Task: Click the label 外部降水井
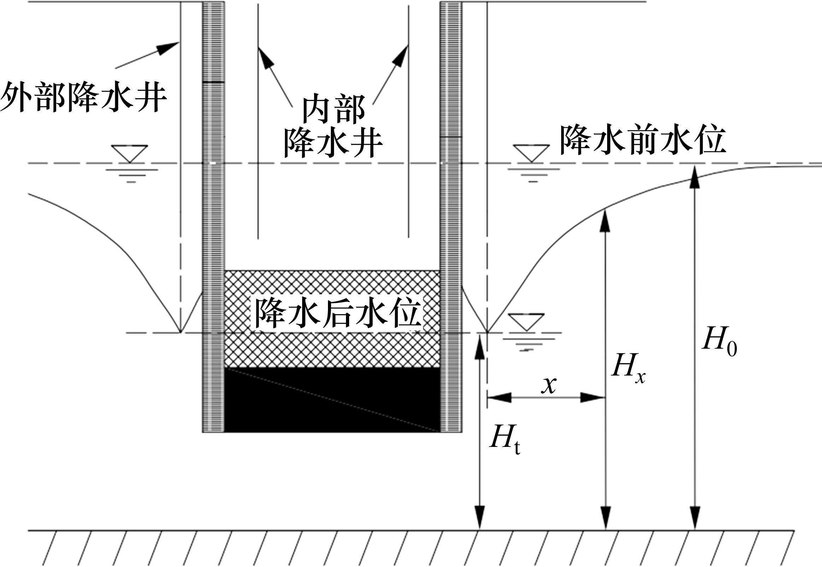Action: click(x=84, y=97)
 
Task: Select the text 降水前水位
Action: click(x=642, y=140)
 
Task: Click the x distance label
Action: click(x=549, y=384)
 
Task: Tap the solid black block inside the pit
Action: click(x=332, y=400)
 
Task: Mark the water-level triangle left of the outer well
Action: click(x=129, y=153)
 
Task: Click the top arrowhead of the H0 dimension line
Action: click(x=695, y=176)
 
